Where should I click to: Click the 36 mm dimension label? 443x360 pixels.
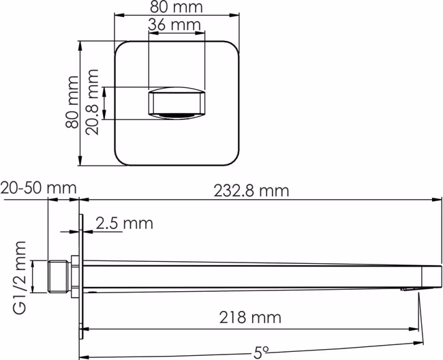pyautogui.click(x=174, y=25)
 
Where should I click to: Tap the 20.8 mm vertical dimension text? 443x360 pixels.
pyautogui.click(x=93, y=102)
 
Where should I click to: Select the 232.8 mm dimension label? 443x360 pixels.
pyautogui.click(x=251, y=191)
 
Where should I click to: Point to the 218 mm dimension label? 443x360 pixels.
pyautogui.click(x=250, y=317)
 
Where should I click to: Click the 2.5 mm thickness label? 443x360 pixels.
pyautogui.click(x=124, y=223)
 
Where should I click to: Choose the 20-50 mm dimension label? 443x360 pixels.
pyautogui.click(x=38, y=187)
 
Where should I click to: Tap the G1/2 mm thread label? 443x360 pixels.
pyautogui.click(x=20, y=277)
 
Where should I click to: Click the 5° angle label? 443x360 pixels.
pyautogui.click(x=261, y=352)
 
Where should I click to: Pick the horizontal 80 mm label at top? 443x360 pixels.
pyautogui.click(x=177, y=7)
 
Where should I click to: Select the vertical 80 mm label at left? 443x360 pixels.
pyautogui.click(x=72, y=102)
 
